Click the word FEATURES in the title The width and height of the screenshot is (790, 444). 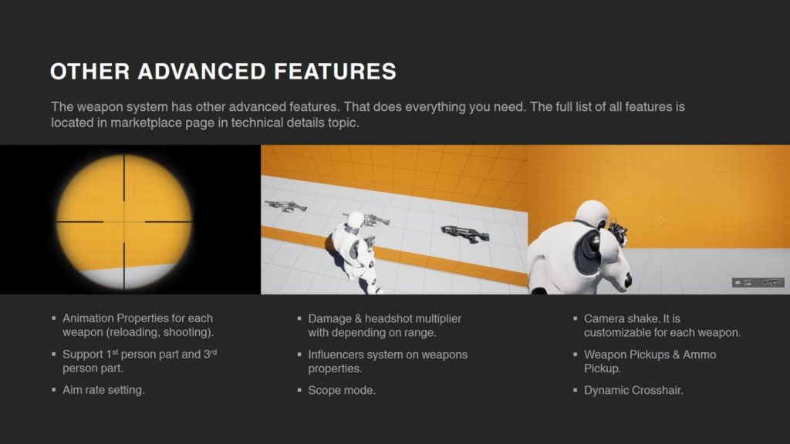[x=335, y=72]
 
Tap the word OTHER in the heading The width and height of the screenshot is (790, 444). [x=90, y=72]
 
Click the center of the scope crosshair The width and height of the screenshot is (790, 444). [x=124, y=221]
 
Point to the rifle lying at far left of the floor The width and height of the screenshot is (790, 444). [x=285, y=205]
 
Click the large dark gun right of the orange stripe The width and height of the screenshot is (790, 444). [x=465, y=233]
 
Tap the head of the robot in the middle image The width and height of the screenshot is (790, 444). [x=355, y=220]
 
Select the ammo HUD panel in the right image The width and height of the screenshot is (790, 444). [x=758, y=283]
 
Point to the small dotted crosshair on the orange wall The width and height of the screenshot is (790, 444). [x=660, y=220]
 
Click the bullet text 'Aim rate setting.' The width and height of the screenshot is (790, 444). [x=103, y=390]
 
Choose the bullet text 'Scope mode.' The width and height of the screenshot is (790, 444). [x=342, y=391]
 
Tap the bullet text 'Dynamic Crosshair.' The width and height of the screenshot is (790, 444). [x=633, y=391]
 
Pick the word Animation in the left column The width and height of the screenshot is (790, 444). [x=88, y=318]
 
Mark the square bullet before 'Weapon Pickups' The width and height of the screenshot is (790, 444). [x=576, y=355]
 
